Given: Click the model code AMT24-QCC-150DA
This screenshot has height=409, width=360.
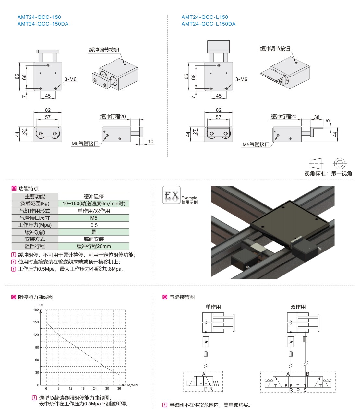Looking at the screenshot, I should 43,24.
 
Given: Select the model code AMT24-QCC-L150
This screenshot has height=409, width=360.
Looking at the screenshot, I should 205,17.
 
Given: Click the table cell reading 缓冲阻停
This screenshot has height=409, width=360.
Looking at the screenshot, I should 94,196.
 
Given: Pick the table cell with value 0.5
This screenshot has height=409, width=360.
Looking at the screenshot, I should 94,225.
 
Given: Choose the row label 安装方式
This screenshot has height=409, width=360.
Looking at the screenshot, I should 35,239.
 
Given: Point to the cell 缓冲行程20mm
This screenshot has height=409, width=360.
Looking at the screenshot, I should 94,246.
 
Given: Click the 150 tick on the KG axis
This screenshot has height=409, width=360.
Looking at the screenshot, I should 36,322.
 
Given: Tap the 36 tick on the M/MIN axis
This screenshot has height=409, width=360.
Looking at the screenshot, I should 119,388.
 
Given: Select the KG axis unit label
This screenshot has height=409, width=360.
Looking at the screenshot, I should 41,305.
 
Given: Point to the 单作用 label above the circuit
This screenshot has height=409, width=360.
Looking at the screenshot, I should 213,307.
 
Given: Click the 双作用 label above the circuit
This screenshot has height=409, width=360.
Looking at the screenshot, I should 298,307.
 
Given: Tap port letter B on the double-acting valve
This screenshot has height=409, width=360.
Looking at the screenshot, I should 307,374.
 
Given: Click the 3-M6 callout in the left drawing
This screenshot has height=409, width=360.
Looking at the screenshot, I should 70,79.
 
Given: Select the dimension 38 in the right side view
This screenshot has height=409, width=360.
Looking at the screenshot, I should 317,117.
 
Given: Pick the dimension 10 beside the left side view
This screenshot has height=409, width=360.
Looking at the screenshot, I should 150,142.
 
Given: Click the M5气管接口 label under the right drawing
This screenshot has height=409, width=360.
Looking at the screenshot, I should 256,145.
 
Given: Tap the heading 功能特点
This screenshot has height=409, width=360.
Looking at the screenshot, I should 29,188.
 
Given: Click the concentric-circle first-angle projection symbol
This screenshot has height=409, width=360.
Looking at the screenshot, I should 339,163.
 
